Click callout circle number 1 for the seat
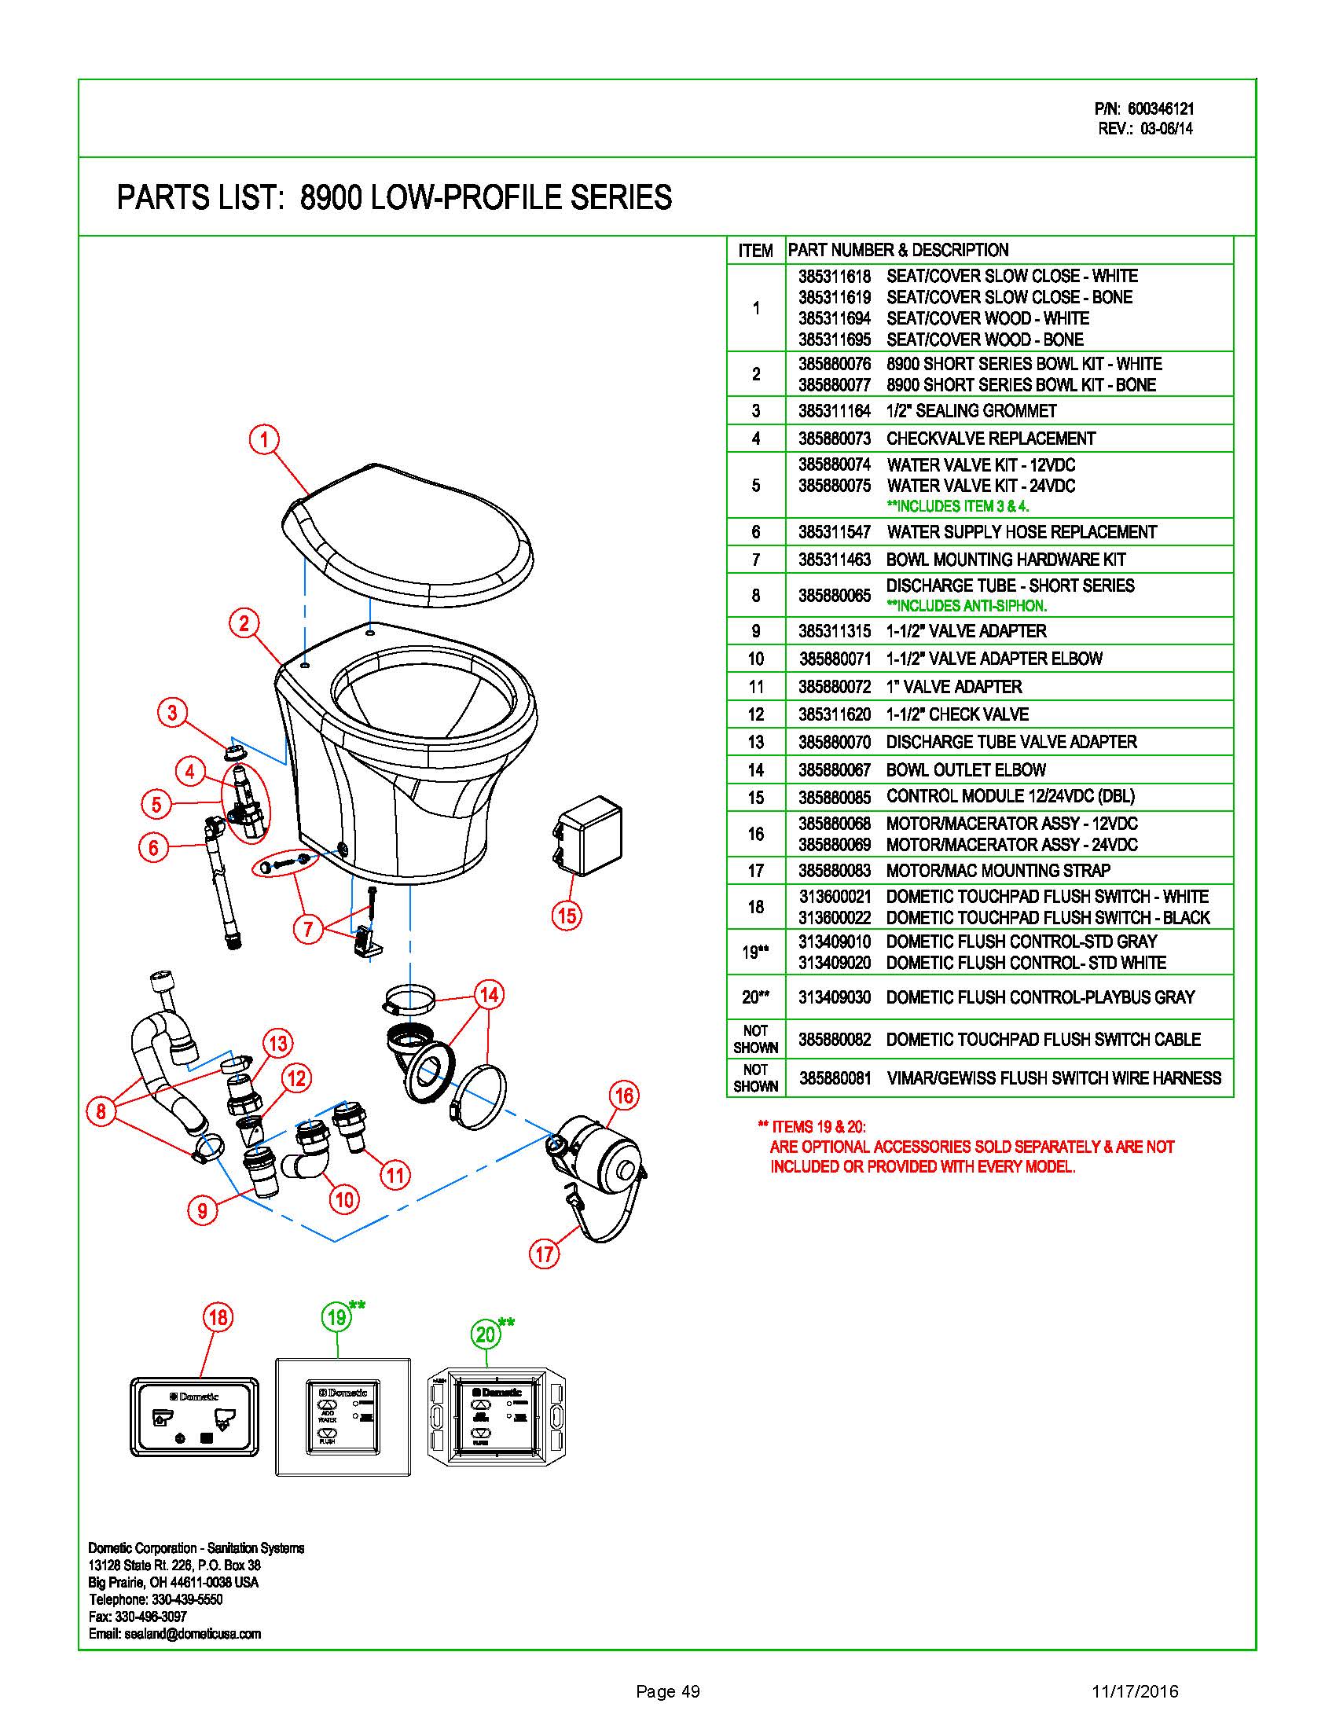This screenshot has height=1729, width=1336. pyautogui.click(x=264, y=439)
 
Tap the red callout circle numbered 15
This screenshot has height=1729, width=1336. pyautogui.click(x=567, y=916)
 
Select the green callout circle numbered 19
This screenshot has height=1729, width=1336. pyautogui.click(x=337, y=1317)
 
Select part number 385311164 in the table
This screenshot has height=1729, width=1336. pyautogui.click(x=834, y=411)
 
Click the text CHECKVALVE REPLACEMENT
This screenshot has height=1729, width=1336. pyautogui.click(x=991, y=439)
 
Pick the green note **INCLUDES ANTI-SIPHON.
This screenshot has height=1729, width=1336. pyautogui.click(x=967, y=607)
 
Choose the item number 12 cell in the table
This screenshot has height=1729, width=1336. pyautogui.click(x=756, y=714)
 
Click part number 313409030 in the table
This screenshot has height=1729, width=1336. pyautogui.click(x=834, y=997)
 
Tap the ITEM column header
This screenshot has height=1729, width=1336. pyautogui.click(x=755, y=251)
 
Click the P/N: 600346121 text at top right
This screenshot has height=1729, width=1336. pyautogui.click(x=1143, y=109)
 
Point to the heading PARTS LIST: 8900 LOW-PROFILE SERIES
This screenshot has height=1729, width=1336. pyautogui.click(x=395, y=198)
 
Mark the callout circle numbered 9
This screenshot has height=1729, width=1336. pyautogui.click(x=203, y=1210)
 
